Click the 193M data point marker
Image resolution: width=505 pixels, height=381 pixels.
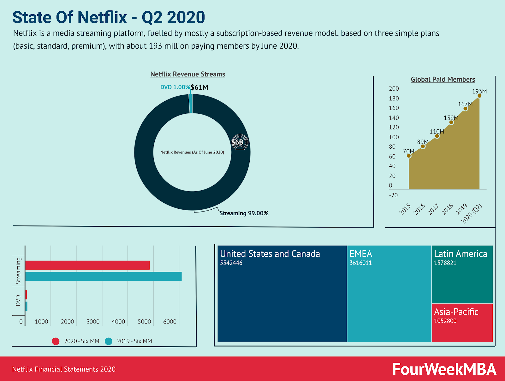coord(479,96)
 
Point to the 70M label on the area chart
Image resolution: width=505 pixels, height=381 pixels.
coord(409,151)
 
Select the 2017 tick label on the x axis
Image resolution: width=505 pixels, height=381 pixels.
coord(433,209)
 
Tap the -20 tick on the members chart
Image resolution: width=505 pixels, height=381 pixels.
coord(393,195)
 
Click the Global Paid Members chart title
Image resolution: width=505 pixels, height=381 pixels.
coord(443,79)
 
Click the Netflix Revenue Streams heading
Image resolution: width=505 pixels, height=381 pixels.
coord(188,74)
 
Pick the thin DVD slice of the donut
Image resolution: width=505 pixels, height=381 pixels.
coord(191,104)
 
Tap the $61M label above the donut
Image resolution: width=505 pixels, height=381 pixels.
coord(199,87)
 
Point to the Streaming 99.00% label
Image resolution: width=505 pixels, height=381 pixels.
coord(244,213)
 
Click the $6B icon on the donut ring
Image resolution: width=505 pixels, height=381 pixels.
coord(240,142)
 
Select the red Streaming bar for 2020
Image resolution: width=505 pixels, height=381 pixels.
coord(87,265)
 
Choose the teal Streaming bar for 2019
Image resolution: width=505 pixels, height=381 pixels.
coord(104,276)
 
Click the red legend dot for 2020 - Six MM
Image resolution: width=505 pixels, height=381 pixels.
coord(56,341)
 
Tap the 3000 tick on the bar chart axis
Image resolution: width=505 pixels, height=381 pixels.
coord(93,322)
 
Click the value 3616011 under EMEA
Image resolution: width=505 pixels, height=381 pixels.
coord(361,263)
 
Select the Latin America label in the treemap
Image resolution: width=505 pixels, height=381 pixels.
coord(460,253)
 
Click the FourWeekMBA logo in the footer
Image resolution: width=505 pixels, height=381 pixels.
coord(444,369)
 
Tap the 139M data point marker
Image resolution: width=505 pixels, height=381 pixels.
coord(451,122)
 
